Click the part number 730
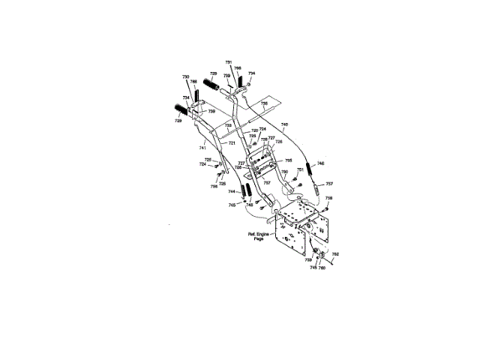point(185,77)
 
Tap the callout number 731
point(229,61)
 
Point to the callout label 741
point(202,148)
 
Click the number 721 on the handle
point(232,142)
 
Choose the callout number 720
point(254,130)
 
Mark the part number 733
point(228,125)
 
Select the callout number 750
point(284,172)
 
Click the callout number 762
point(335,254)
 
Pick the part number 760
point(322,268)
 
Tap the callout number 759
point(307,259)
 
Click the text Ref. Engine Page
point(257,236)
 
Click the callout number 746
point(321,163)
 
